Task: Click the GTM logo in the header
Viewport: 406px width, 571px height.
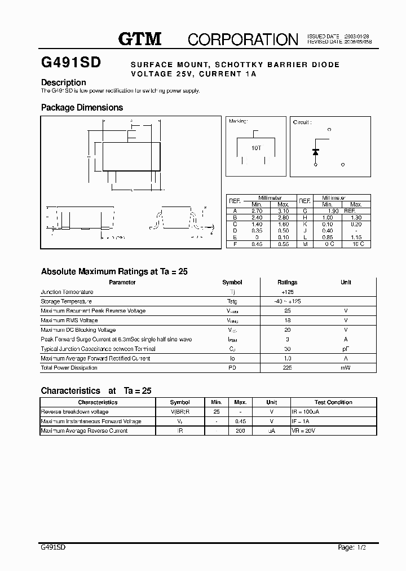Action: [140, 38]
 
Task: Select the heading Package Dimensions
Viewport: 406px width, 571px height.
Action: [82, 107]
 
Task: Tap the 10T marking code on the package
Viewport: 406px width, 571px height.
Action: [256, 148]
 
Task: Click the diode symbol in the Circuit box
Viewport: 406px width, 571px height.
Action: [316, 152]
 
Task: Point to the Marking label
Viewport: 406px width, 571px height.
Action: [238, 121]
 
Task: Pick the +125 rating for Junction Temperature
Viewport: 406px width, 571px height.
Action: [288, 292]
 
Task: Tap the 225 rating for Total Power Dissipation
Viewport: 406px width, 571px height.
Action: [288, 368]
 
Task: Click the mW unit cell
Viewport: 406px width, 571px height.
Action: [346, 368]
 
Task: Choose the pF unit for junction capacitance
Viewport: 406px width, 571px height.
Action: [346, 349]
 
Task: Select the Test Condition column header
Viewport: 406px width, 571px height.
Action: [333, 402]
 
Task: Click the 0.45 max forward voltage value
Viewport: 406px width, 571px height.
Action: [241, 421]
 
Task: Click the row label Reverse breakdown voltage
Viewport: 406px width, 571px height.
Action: [74, 412]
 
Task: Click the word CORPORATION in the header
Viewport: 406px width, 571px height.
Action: [242, 39]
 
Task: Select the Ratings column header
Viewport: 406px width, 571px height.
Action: [288, 282]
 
